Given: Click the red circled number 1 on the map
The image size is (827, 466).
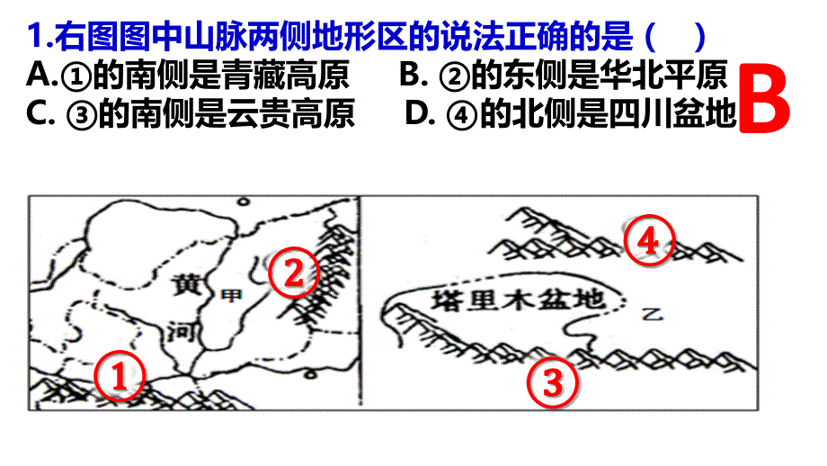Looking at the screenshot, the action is pos(120,376).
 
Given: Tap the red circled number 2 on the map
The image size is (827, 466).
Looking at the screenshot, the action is pos(294,273).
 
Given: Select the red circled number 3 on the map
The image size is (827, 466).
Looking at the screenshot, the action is pos(552,381).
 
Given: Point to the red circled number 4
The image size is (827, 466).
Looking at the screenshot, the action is pos(649,241).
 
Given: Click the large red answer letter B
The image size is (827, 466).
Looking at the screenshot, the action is pos(764,99).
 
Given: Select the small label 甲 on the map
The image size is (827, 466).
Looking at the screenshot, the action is pos(230,296).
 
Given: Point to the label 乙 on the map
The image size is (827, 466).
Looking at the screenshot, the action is pos(653,315).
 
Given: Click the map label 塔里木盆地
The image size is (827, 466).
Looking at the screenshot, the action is pos(518,300).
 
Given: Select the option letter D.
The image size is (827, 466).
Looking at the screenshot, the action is pos(417,113).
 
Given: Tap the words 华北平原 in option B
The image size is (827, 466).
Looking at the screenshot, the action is pos(664,75).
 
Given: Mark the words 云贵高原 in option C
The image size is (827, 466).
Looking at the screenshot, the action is pos(290,113).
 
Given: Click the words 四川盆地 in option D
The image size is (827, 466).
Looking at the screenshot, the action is pos(672,113).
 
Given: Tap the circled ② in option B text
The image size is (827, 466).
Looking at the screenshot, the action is pos(455,76).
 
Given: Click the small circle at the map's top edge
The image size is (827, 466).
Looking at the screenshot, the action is pos(243,202).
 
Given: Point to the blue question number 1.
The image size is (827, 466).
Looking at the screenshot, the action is pos(37,36).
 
